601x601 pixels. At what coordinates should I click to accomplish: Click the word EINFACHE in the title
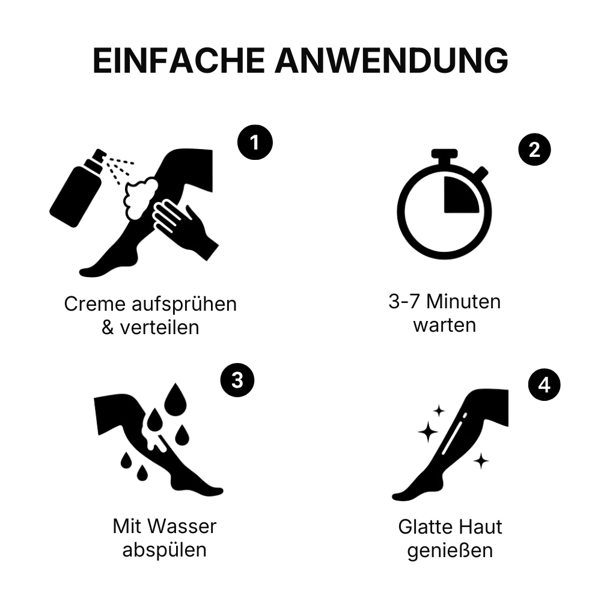tap(178, 60)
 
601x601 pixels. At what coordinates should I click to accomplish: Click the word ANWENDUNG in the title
tap(391, 60)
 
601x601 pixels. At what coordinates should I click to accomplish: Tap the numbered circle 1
tap(255, 142)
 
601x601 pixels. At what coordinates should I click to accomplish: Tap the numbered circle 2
tap(534, 150)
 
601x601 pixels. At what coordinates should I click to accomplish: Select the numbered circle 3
tap(237, 380)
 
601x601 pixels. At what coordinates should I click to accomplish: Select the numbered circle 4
tap(544, 385)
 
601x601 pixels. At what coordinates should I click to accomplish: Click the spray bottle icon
tap(78, 188)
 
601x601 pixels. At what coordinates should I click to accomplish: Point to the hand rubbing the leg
tap(185, 228)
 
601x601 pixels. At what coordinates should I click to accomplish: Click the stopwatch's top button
tap(444, 153)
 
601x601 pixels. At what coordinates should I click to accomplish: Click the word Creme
tap(95, 304)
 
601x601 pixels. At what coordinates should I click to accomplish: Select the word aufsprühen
tap(185, 305)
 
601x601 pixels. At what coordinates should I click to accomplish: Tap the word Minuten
tap(463, 302)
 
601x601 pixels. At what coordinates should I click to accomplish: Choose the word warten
tap(445, 325)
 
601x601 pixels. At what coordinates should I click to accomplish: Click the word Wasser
tap(183, 526)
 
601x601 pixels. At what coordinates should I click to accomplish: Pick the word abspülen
tap(165, 550)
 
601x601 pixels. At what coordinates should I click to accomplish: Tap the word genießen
tap(450, 551)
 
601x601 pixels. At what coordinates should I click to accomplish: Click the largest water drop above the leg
tap(175, 397)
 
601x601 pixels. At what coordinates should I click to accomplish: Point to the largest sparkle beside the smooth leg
tap(428, 432)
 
